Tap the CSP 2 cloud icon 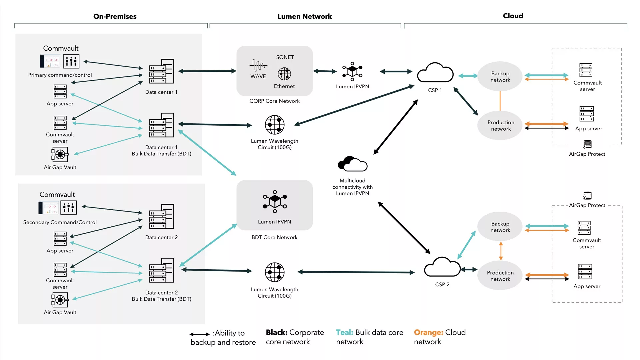(x=442, y=267)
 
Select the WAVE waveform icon (x=258, y=65)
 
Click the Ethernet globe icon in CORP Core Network (x=284, y=74)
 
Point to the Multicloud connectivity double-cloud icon (x=352, y=164)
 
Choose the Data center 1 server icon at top (x=162, y=71)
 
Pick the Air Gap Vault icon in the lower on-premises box (x=60, y=300)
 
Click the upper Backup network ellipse (x=500, y=76)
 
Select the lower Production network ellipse (x=500, y=276)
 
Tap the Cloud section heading (x=513, y=16)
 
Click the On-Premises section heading (x=115, y=16)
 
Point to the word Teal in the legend (x=344, y=332)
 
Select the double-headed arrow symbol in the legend (x=199, y=334)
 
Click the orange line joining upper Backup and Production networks (x=500, y=101)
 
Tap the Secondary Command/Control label (x=60, y=222)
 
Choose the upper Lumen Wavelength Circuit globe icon (x=275, y=125)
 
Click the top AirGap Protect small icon (x=587, y=144)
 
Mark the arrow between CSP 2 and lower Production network (x=469, y=269)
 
